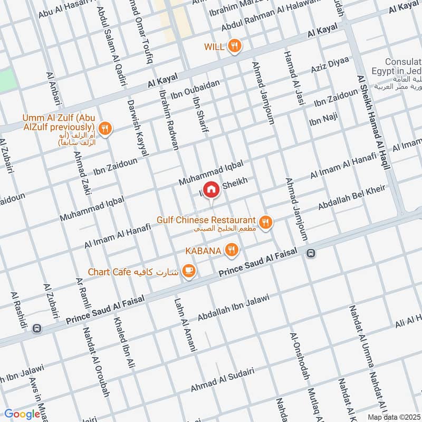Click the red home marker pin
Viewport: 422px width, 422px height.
pyautogui.click(x=211, y=189)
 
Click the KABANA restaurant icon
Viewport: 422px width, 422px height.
pyautogui.click(x=231, y=250)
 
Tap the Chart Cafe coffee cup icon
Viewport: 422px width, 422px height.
pyautogui.click(x=189, y=271)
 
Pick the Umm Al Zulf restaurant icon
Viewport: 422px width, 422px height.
pyautogui.click(x=105, y=128)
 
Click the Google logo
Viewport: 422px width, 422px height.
pyautogui.click(x=22, y=414)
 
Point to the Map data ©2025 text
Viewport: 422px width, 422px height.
pyautogui.click(x=394, y=417)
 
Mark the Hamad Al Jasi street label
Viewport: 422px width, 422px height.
pyautogui.click(x=293, y=79)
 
